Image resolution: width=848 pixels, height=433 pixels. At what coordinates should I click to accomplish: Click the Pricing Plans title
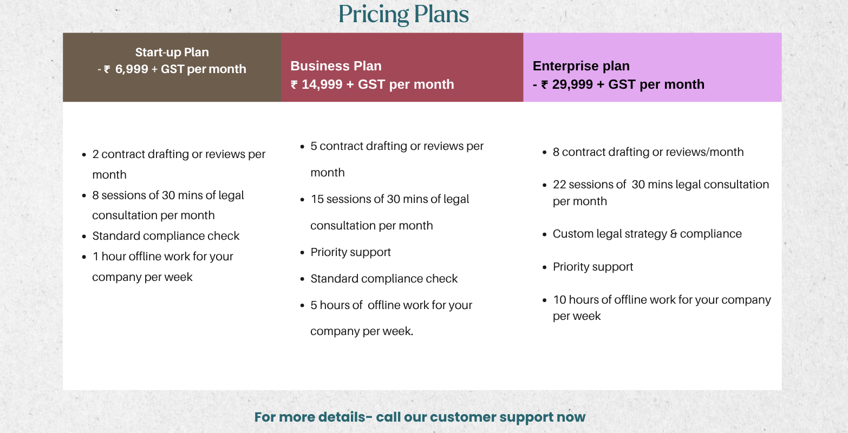point(403,15)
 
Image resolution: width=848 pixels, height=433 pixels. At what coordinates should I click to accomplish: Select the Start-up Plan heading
point(172,53)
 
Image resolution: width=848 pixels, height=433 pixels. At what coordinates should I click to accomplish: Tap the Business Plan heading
point(336,66)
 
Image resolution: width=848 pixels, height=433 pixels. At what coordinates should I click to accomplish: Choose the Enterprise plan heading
point(581,66)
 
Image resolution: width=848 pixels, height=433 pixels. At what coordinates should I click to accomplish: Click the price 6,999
point(132,69)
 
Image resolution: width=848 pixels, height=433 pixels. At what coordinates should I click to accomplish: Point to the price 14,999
point(322,84)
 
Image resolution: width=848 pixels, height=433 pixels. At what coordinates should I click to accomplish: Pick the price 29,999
point(572,84)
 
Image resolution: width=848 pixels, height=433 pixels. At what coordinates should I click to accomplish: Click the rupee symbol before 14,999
point(294,84)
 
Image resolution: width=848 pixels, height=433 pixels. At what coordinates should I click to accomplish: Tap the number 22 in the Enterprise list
point(559,185)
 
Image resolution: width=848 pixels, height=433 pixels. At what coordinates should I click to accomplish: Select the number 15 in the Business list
point(317,199)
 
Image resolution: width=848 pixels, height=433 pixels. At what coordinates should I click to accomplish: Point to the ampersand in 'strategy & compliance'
point(674,234)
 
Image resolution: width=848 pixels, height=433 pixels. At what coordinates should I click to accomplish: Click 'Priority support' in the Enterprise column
point(593,267)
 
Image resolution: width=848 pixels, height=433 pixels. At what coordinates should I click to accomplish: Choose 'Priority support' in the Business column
point(350,252)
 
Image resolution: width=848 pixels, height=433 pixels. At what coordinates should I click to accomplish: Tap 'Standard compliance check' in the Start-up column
point(166,236)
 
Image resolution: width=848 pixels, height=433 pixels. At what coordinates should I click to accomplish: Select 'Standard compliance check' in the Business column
point(384,279)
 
